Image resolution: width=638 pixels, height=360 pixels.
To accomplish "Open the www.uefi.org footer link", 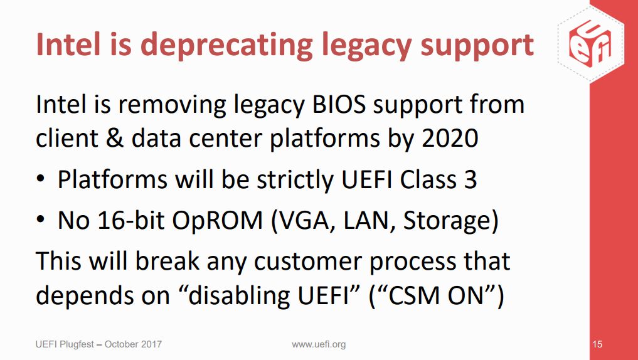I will pos(319,344).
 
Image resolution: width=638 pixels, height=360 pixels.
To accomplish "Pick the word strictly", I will pos(299,181).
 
